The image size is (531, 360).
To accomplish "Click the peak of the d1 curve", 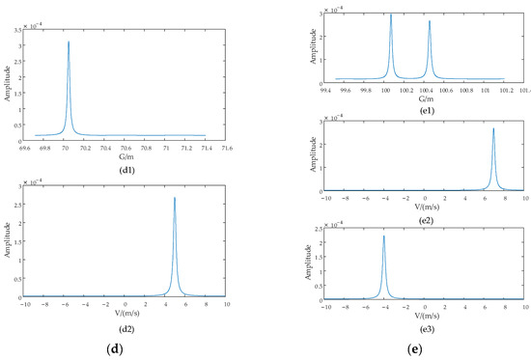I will (x=69, y=42).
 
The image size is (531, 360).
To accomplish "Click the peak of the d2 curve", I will (x=175, y=198).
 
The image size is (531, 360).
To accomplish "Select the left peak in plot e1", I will (x=391, y=14).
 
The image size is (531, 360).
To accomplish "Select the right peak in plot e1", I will (x=430, y=21).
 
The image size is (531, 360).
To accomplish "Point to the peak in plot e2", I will (x=493, y=128).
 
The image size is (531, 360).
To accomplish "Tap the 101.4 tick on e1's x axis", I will (x=524, y=92).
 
